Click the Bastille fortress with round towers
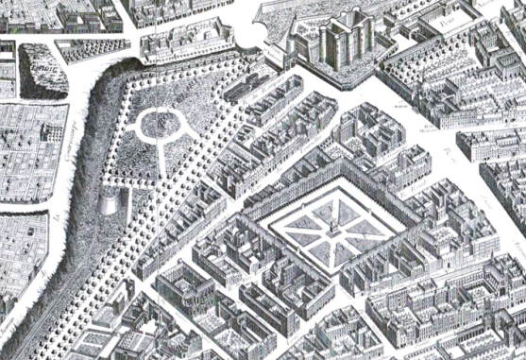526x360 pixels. coord(343,43)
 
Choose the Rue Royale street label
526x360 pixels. coord(416,189)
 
